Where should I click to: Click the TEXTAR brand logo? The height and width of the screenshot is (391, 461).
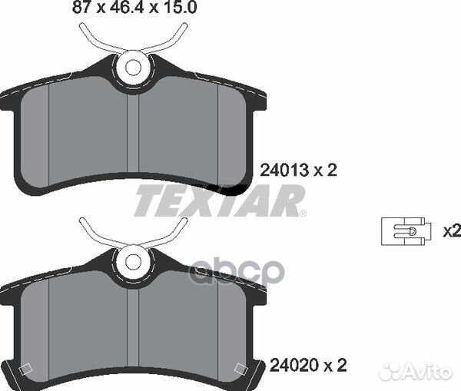220,201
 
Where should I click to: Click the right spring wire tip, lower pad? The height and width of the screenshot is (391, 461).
186,220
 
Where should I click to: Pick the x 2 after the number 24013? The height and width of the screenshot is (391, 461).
327,171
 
